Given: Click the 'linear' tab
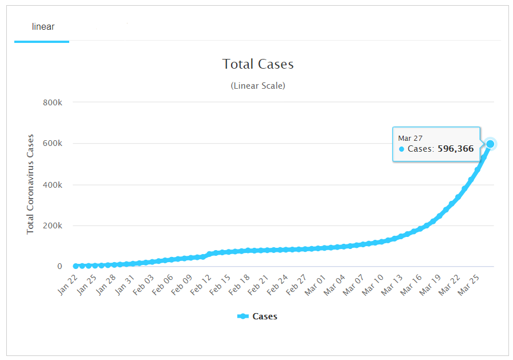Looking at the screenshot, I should (x=43, y=27).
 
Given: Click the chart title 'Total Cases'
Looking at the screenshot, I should (x=258, y=64).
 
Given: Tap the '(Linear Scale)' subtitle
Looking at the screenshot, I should (x=258, y=86).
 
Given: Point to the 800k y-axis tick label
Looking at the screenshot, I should (x=53, y=102).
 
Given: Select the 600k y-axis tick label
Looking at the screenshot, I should (x=53, y=144).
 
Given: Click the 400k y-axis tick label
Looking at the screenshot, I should (x=53, y=185).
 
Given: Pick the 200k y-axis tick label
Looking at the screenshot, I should (x=53, y=226).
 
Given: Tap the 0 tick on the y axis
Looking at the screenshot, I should (x=59, y=267).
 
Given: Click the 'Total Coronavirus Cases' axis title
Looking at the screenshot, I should (x=31, y=184).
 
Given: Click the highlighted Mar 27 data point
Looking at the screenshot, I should (x=490, y=144).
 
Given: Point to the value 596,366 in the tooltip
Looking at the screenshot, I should (x=455, y=149).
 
